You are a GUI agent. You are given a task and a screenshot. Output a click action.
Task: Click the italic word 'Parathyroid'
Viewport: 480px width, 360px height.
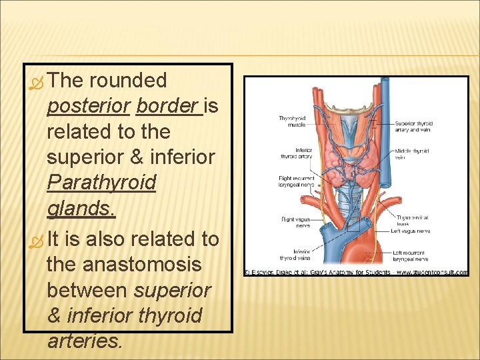click(x=101, y=183)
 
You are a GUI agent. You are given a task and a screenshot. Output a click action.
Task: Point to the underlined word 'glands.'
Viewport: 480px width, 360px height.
click(x=81, y=209)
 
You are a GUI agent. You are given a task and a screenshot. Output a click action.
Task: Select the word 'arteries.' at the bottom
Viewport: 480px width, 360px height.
click(x=85, y=341)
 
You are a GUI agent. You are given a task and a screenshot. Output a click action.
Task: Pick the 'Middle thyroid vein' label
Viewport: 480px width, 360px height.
click(x=411, y=154)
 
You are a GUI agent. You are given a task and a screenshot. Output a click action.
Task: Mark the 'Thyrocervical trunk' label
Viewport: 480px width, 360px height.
click(x=411, y=221)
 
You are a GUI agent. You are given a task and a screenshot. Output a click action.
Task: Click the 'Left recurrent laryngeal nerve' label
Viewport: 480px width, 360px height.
click(x=411, y=255)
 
